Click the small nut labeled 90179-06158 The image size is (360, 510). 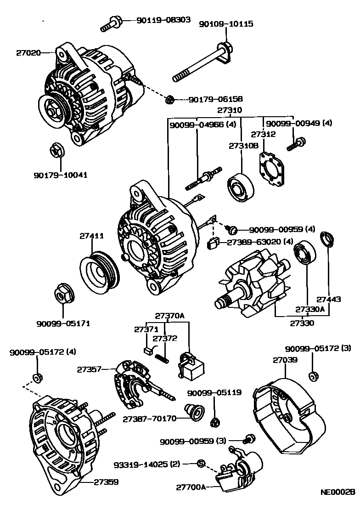click(169, 99)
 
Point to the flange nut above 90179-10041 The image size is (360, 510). click(56, 151)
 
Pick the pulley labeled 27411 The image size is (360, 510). click(100, 272)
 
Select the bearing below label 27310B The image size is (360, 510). click(241, 188)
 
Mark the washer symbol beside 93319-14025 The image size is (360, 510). click(201, 464)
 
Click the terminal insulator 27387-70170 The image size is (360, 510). click(192, 410)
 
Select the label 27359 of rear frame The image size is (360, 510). click(106, 482)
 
